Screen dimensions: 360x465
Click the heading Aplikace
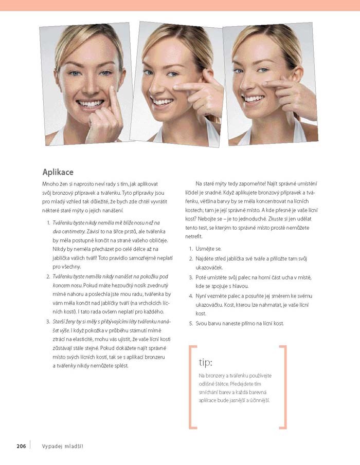tap(58, 172)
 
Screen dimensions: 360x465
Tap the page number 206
tap(22, 446)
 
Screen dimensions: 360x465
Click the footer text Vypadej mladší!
tap(63, 447)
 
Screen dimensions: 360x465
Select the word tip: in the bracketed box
tap(206, 362)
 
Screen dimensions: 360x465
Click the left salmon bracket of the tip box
tap(190, 387)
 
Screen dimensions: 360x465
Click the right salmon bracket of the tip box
tap(285, 387)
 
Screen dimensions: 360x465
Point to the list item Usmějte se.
tap(208, 249)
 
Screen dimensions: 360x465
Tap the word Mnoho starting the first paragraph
tap(49, 184)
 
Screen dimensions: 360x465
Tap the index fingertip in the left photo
tap(112, 88)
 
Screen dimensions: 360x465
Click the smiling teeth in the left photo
tap(90, 104)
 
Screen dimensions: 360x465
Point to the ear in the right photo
tap(298, 75)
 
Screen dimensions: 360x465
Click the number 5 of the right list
tap(190, 324)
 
